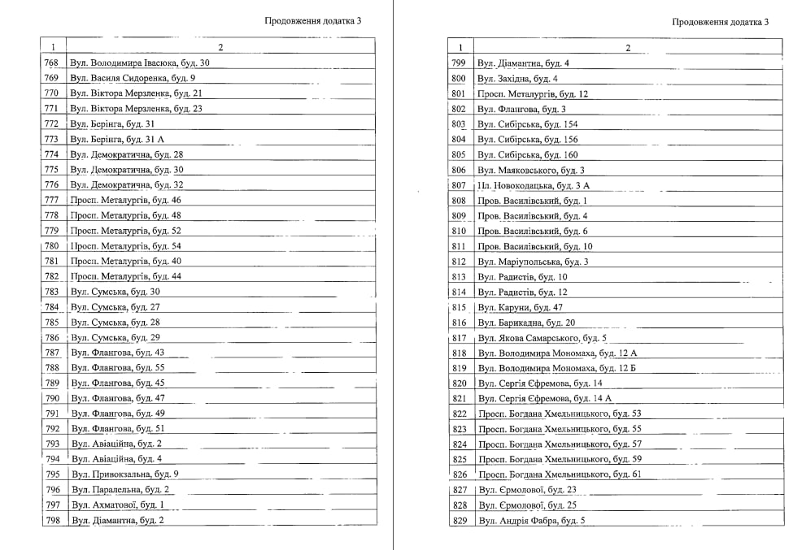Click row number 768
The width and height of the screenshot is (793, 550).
pos(52,63)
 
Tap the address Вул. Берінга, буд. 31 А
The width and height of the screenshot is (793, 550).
pos(117,139)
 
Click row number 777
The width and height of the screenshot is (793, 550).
pos(52,200)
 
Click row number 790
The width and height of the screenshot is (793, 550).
pos(52,399)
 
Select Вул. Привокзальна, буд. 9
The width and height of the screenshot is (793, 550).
pos(124,474)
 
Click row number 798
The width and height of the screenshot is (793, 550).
pos(52,521)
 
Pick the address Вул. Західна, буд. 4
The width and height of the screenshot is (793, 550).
pos(517,78)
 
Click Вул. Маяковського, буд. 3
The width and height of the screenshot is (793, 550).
pos(530,170)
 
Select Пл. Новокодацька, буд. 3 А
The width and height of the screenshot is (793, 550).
pos(534,185)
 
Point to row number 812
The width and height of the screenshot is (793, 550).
pos(459,262)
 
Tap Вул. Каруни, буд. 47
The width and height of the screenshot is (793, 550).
pos(520,307)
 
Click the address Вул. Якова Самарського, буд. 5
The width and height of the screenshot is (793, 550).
pos(542,338)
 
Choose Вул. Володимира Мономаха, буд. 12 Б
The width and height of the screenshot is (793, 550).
pos(557,368)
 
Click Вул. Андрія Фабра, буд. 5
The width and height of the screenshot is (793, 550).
pos(531,521)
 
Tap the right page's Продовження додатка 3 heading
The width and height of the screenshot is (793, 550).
pos(721,23)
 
